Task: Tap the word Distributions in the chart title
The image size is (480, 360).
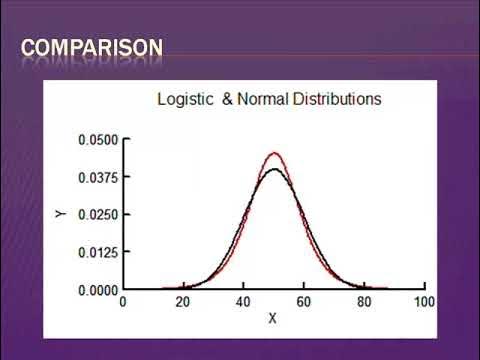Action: [335, 100]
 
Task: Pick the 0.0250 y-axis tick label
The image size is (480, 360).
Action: [98, 215]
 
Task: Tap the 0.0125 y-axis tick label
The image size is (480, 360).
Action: [98, 252]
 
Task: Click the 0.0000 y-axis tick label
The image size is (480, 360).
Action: [98, 290]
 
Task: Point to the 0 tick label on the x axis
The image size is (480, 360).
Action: [123, 301]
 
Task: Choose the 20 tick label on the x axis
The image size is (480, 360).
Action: [183, 301]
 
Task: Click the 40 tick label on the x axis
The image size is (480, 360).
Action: [243, 301]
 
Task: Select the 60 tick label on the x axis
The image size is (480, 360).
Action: [303, 301]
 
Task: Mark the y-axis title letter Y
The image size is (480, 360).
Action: [61, 214]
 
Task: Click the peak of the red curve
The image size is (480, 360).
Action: [273, 153]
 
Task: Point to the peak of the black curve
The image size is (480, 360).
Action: [273, 169]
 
